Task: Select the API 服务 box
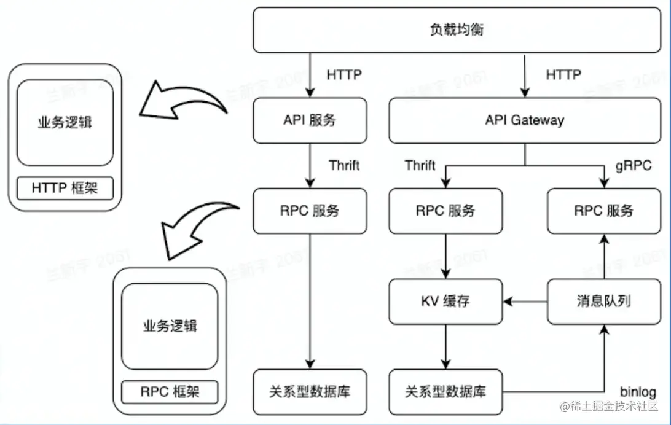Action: point(310,120)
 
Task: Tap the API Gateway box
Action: point(524,120)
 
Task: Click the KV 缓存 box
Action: point(445,301)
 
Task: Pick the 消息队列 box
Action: point(603,301)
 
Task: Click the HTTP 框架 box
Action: point(64,189)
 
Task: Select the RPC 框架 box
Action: point(170,391)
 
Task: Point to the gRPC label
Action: point(633,166)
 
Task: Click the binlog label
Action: point(638,392)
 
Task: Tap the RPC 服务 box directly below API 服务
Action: point(310,211)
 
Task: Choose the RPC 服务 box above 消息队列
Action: point(603,211)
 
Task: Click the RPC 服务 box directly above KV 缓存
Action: point(445,211)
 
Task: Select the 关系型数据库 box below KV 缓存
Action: point(445,391)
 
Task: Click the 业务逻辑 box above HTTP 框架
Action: point(64,122)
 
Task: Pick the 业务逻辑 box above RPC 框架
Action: point(170,326)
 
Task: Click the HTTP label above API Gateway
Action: point(563,75)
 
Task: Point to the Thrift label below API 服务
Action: point(344,165)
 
